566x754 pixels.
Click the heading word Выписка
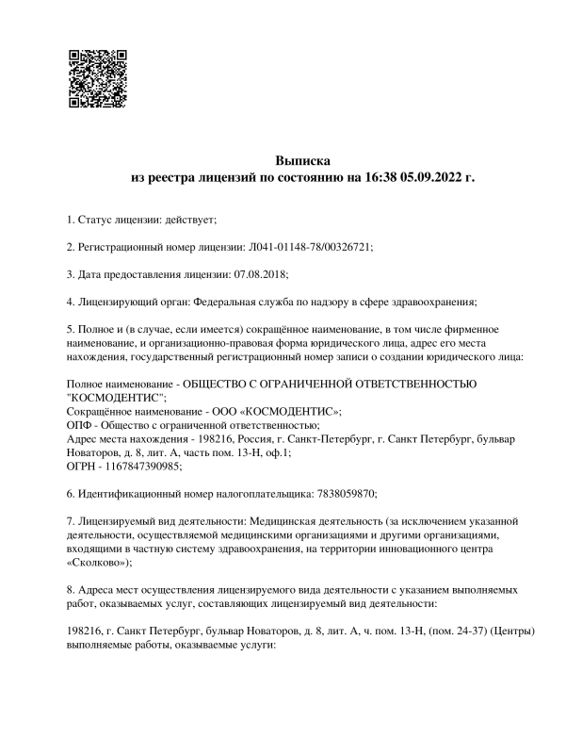(303, 159)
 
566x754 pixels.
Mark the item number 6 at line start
(71, 493)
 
